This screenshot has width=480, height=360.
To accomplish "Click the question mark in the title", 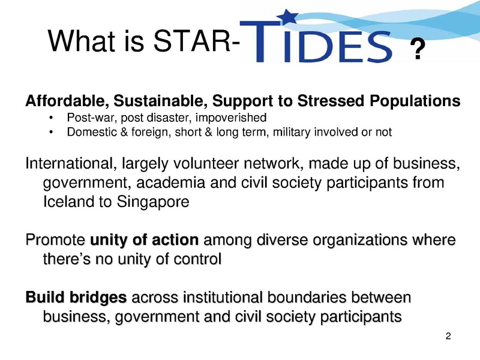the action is point(418,49).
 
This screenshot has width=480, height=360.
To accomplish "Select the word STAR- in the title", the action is point(196,41).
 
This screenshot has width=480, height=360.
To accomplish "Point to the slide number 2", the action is point(448,336).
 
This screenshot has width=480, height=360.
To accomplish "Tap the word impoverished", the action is point(231,118).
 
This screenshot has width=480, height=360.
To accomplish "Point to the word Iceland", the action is point(68,202).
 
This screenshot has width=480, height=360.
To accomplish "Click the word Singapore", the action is point(153,202).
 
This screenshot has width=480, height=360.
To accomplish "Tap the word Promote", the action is point(55,239).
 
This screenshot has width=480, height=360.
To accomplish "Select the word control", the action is point(197,259).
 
